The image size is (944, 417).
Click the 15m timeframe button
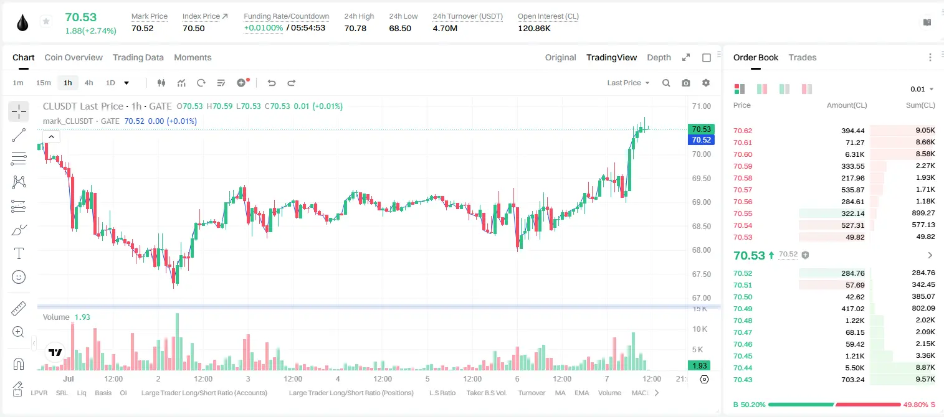click(x=44, y=83)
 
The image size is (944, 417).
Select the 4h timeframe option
click(x=88, y=83)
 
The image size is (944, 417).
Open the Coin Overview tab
click(x=74, y=58)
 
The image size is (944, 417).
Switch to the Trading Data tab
click(x=138, y=58)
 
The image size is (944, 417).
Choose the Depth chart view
click(x=659, y=58)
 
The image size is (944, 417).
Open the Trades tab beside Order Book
click(x=803, y=58)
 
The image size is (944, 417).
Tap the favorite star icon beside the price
click(x=46, y=21)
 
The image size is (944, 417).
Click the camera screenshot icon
click(x=686, y=83)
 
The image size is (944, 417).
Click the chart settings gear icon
click(x=706, y=83)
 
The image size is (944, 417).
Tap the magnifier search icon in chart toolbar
click(x=666, y=83)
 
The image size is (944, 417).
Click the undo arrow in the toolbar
click(x=272, y=83)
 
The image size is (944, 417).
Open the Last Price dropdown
click(x=628, y=83)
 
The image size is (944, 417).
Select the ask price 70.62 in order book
click(x=743, y=131)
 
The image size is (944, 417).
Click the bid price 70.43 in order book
click(x=743, y=380)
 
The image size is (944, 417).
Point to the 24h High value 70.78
click(x=355, y=28)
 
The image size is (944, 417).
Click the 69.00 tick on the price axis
click(x=701, y=202)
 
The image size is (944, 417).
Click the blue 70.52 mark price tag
click(x=701, y=139)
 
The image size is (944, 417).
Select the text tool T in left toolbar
click(x=19, y=253)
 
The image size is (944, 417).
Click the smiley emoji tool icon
click(x=19, y=277)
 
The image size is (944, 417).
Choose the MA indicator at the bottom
click(x=560, y=393)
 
